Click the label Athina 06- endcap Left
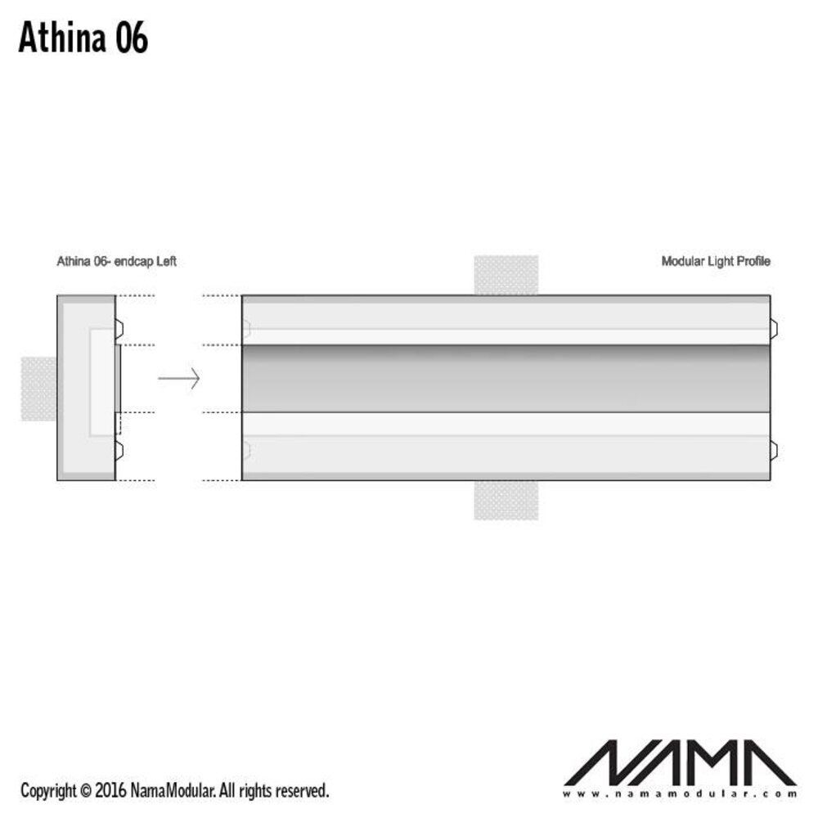(x=116, y=262)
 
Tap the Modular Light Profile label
(x=715, y=262)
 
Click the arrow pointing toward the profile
(x=179, y=379)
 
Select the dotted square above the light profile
(x=506, y=275)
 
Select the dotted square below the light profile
(x=506, y=500)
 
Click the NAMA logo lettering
(x=679, y=762)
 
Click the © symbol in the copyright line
(x=85, y=791)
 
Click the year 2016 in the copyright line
(x=110, y=791)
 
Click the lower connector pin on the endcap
(x=119, y=447)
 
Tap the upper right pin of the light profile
(x=773, y=329)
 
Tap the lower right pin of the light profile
(x=773, y=448)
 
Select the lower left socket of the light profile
(x=247, y=448)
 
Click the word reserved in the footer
(x=303, y=791)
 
